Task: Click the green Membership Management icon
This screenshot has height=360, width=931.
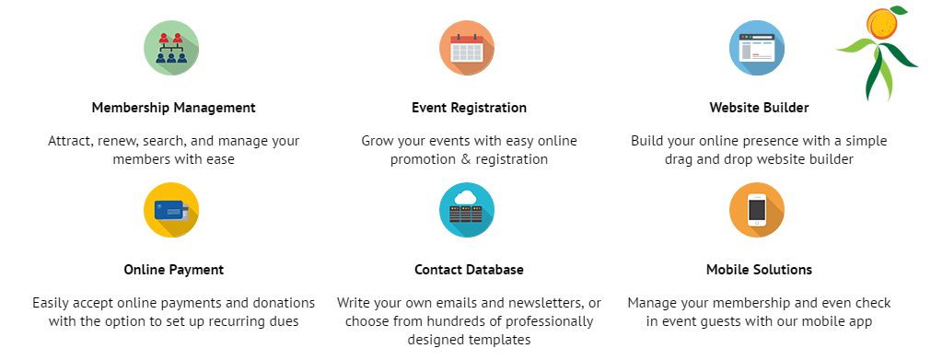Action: coord(171,48)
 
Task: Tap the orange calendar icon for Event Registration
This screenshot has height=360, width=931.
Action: coord(467,48)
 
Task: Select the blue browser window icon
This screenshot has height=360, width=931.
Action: coord(757,48)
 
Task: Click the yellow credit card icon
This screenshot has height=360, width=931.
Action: coord(171,210)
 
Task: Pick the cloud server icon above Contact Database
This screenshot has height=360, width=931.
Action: coord(467,210)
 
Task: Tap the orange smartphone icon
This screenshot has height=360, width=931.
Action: coord(757,210)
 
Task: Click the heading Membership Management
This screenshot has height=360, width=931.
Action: coord(173,108)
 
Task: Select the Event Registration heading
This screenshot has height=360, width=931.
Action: coord(469,108)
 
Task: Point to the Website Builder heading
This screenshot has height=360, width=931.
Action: coord(759,108)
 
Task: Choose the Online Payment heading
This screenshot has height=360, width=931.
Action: coord(173,270)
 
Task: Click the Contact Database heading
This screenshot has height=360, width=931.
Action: coord(469,270)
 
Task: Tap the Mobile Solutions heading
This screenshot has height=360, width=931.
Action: coord(759,270)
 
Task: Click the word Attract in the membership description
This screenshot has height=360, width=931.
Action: coord(71,142)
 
